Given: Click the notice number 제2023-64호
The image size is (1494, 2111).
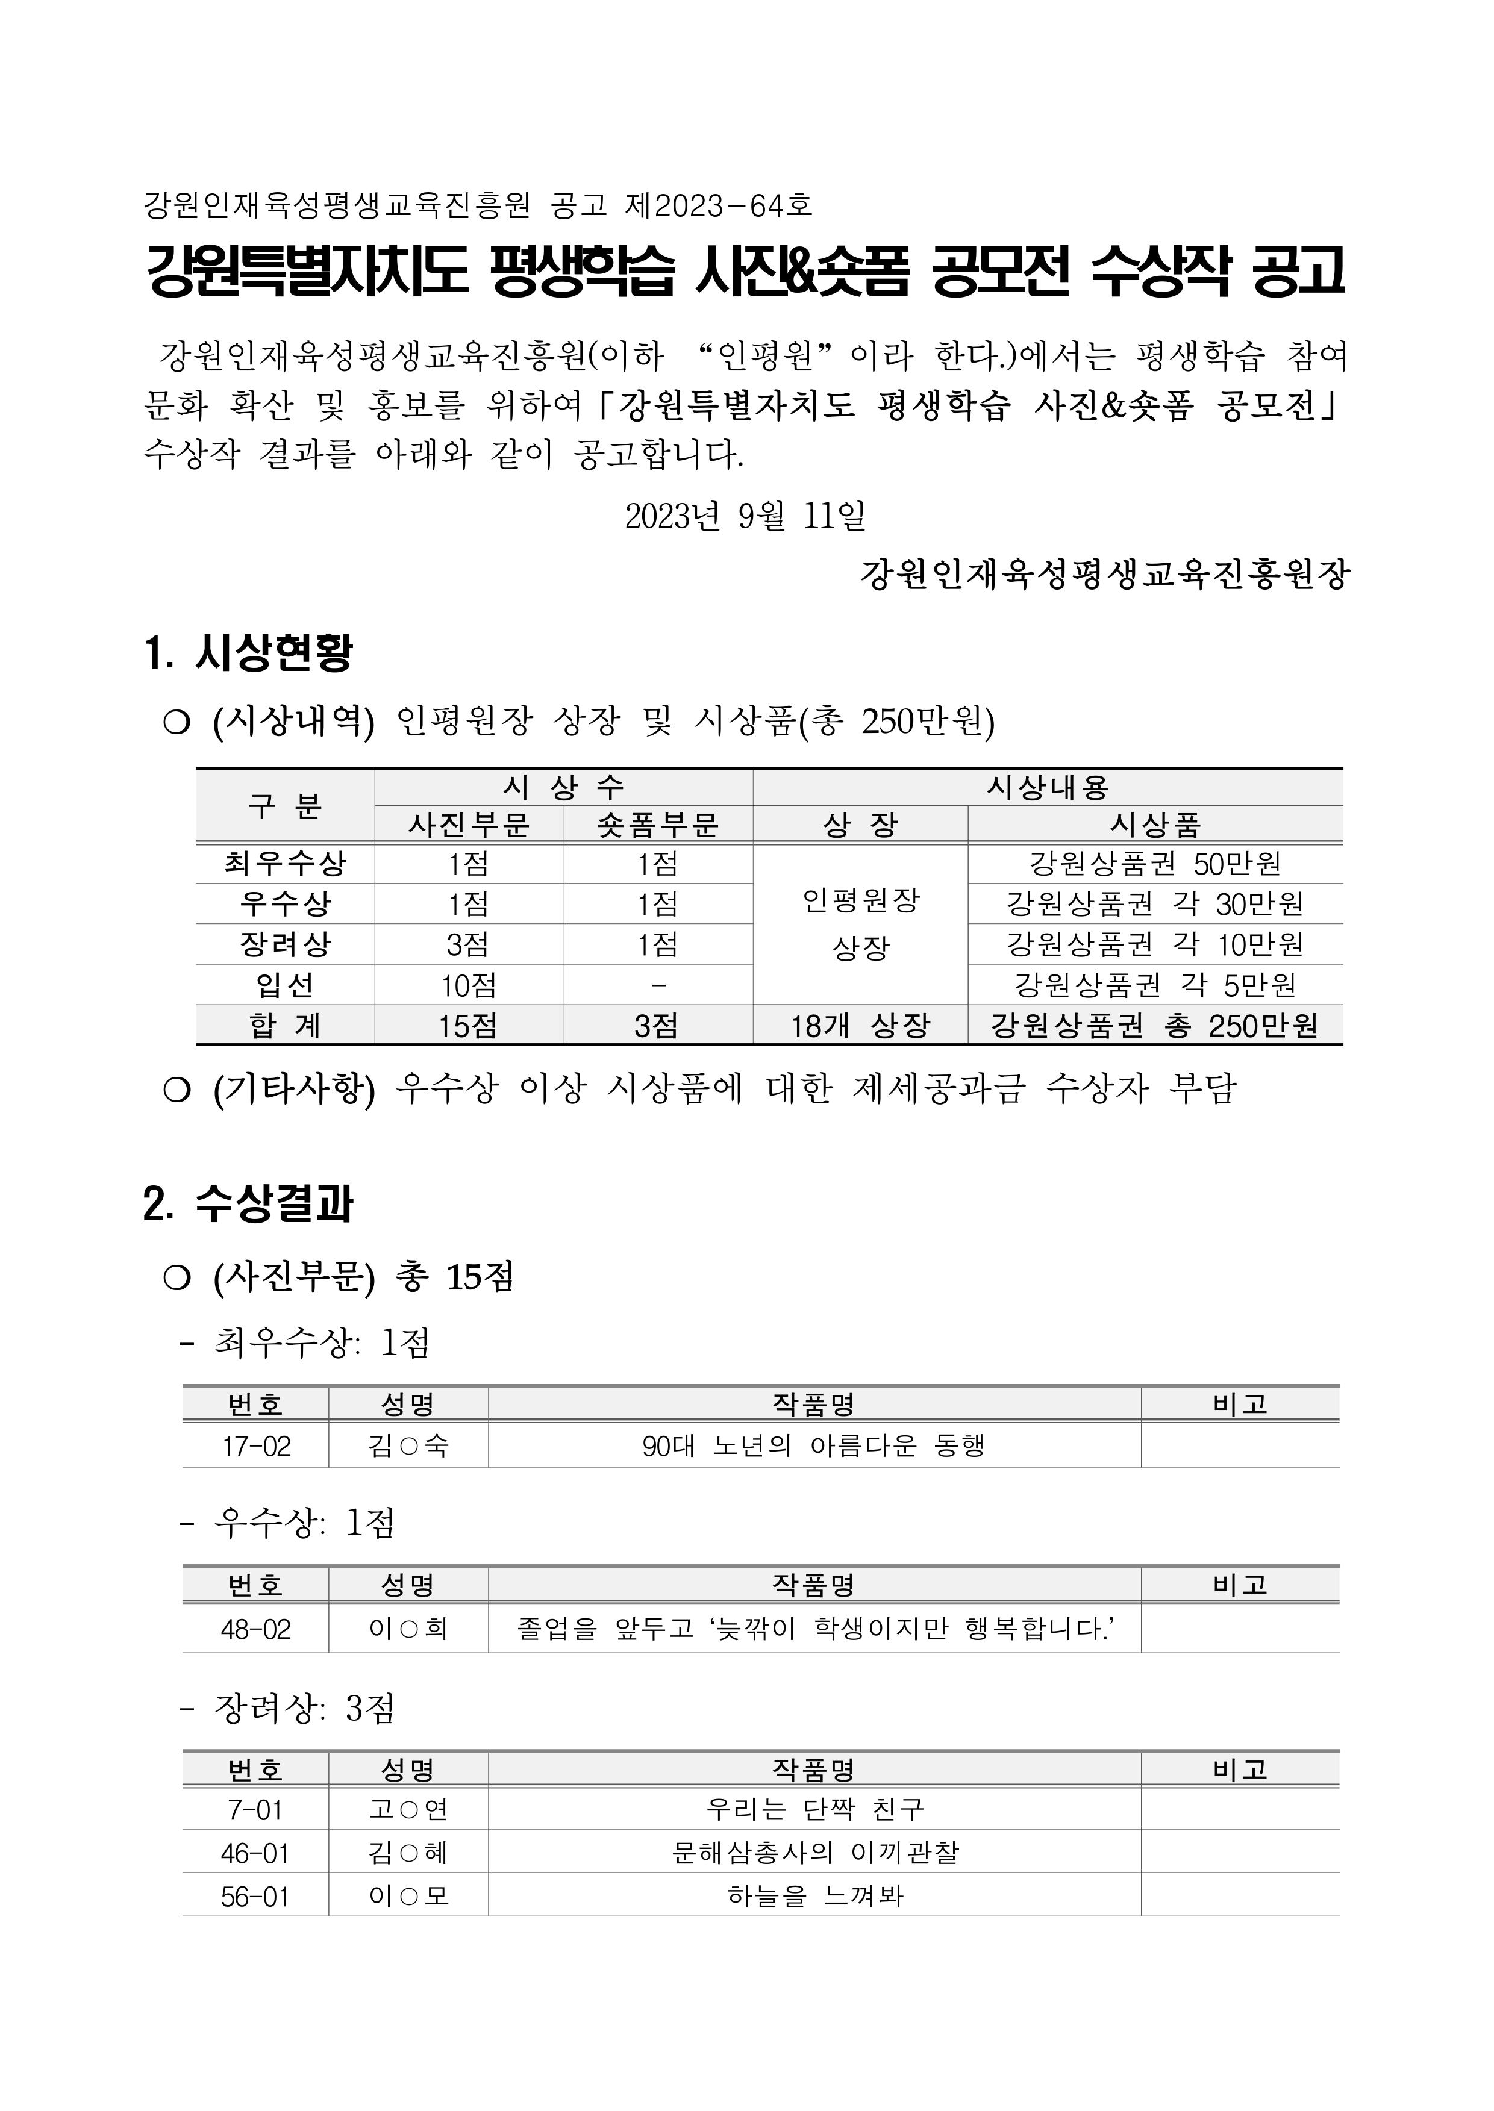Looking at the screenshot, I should [x=719, y=204].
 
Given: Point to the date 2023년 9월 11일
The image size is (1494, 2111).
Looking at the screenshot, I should [x=745, y=516].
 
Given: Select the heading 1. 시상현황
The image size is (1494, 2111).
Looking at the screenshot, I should [x=248, y=652].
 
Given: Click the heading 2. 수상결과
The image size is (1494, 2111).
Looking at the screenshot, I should [x=248, y=1204].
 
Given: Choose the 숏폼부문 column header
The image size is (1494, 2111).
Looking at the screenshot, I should [x=658, y=824].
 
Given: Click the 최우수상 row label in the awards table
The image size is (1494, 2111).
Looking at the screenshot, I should [x=284, y=863].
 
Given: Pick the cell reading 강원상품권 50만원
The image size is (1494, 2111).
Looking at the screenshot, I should [x=1155, y=863].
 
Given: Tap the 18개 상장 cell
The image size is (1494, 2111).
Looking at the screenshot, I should [x=860, y=1024].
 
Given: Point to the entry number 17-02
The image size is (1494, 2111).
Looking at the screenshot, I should [x=256, y=1446].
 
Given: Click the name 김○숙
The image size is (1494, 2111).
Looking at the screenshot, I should [x=408, y=1446].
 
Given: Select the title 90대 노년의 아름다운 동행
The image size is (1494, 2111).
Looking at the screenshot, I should [x=813, y=1446].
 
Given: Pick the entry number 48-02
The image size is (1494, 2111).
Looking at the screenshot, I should [x=256, y=1629].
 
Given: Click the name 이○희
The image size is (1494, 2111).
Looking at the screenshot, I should [x=408, y=1629].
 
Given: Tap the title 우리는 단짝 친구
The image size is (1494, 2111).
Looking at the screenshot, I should [x=813, y=1809].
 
